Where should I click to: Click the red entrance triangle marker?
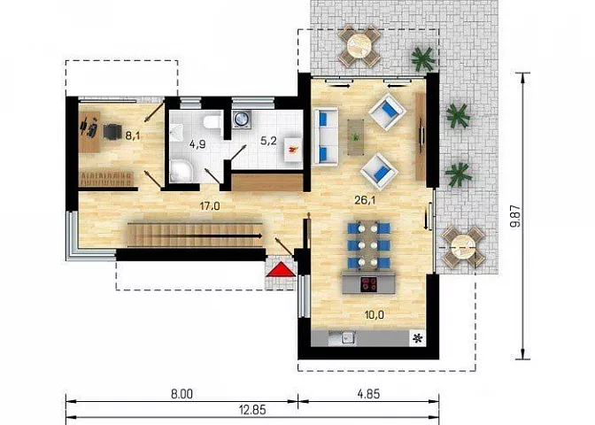281,269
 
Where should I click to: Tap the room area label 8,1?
133,135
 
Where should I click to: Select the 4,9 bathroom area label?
197,144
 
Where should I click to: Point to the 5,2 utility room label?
268,141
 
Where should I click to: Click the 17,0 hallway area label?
210,206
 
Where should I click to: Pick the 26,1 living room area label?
365,200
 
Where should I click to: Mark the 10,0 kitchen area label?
374,314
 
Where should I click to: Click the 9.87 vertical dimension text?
515,216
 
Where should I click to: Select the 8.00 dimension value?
182,394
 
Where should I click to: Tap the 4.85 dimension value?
368,394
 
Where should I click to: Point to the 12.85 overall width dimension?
252,410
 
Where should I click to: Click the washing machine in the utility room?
241,119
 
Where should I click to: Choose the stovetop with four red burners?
369,284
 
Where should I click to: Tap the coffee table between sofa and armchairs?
356,137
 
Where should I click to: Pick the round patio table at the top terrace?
359,46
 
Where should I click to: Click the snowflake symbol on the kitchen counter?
418,338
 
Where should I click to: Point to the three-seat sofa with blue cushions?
325,136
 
